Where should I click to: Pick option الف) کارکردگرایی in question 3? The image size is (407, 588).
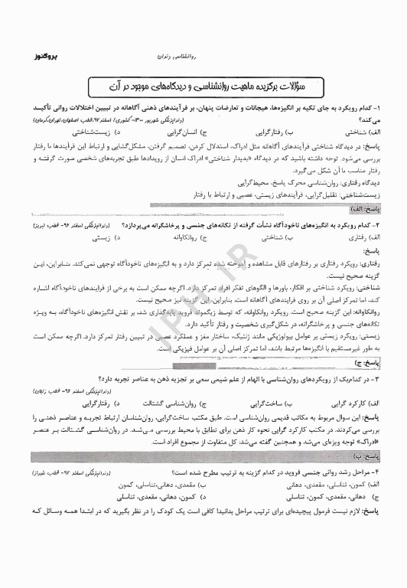click(360, 401)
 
